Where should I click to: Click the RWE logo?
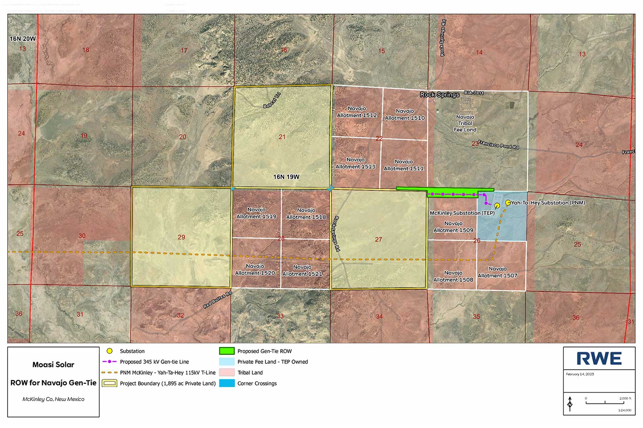point(599,359)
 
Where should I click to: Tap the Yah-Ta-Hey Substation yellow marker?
point(508,203)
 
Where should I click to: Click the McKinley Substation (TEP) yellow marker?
point(497,206)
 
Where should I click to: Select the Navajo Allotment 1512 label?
point(356,112)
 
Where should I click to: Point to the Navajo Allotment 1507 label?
point(498,272)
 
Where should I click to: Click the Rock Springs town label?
point(439,95)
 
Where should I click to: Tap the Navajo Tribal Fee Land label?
point(465,123)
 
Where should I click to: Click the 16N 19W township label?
point(286,177)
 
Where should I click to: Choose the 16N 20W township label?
point(23,39)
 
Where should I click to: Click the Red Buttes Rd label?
point(217,300)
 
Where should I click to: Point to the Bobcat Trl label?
point(272,100)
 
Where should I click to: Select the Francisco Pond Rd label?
point(498,145)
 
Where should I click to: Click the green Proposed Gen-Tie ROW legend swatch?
point(227,351)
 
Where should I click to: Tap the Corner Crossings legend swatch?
point(227,383)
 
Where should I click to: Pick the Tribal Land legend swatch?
point(227,373)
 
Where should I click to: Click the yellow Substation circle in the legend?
point(109,351)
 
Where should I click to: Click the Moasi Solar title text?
point(53,365)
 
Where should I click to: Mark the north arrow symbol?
point(570,403)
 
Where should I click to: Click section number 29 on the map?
point(181,237)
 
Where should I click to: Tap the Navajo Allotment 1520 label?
point(255,269)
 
